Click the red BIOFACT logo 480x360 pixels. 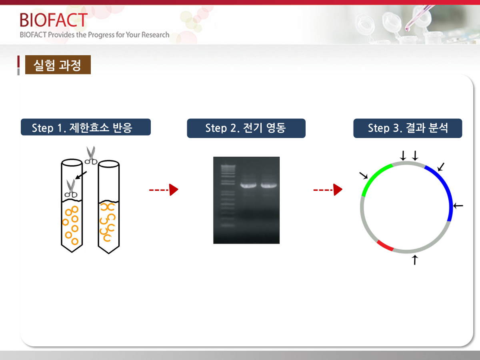point(54,20)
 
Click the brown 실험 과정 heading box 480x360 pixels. point(58,65)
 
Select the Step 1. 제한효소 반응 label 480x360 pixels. point(86,127)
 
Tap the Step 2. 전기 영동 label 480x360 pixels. point(246,128)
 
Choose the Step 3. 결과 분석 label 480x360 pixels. point(408,128)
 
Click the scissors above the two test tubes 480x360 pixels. point(91,155)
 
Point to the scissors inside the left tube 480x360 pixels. point(71,188)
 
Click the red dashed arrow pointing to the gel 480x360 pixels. point(164,190)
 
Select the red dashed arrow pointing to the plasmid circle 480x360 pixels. point(328,190)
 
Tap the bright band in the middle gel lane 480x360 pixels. point(248,186)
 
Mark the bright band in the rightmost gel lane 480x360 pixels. point(269,186)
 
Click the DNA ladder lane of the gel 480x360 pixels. point(228,196)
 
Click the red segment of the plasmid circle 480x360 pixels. point(385,246)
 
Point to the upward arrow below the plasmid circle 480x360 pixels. point(415,260)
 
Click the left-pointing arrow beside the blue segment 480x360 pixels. point(458,206)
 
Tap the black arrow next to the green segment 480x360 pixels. point(364,175)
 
